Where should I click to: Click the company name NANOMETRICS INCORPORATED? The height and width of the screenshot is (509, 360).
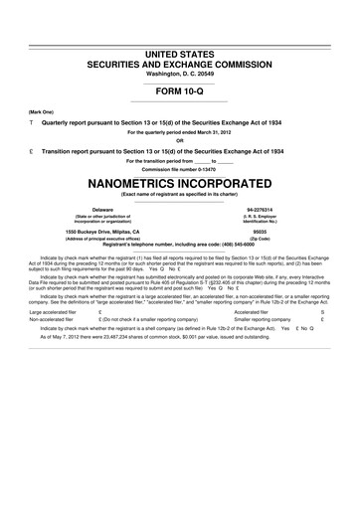pos(180,184)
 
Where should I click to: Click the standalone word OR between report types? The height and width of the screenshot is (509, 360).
pos(180,139)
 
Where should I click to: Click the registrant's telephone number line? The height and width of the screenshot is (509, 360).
pos(180,246)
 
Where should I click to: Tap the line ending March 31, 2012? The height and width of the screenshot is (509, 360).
pos(180,131)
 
